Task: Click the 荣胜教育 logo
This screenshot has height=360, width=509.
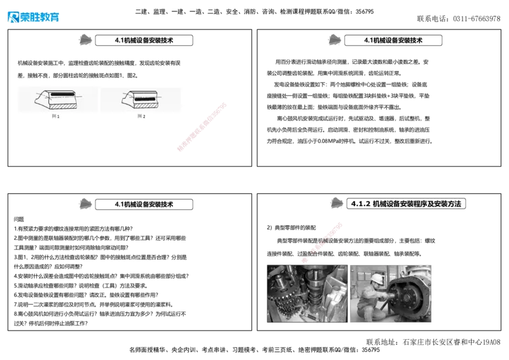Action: [33, 17]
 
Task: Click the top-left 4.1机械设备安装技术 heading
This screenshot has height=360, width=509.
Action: [144, 40]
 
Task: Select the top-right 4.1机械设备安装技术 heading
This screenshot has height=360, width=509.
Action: [393, 40]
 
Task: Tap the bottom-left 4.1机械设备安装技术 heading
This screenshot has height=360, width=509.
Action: [144, 204]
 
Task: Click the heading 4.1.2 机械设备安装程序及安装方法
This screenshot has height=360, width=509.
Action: [408, 204]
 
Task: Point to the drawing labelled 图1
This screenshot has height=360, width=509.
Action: [56, 99]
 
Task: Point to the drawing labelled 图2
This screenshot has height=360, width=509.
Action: [141, 99]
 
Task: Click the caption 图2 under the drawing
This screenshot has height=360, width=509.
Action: [141, 116]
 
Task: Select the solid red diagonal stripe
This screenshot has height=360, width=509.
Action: [201, 127]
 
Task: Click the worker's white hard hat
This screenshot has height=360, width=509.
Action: [377, 278]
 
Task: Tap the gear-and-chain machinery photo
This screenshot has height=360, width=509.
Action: [306, 294]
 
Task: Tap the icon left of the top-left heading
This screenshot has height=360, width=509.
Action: [85, 39]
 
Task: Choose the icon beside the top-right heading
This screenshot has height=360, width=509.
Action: [334, 39]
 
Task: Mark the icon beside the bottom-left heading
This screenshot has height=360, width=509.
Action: [85, 204]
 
